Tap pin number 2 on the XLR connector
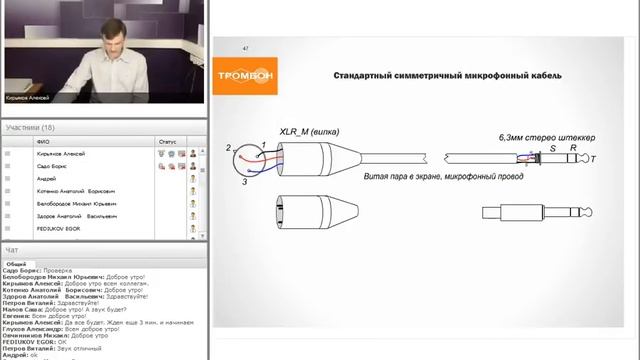point(229,148)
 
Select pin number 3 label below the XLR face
point(244,182)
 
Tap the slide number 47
point(246,48)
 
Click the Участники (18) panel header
point(30,128)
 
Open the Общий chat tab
point(16,264)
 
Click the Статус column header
point(167,142)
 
